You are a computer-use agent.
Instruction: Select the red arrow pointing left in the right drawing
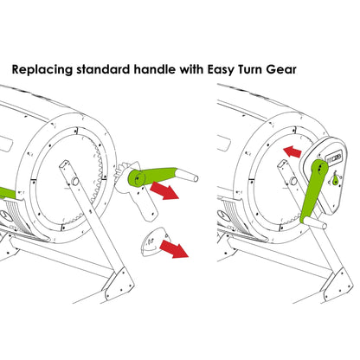click(x=292, y=153)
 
